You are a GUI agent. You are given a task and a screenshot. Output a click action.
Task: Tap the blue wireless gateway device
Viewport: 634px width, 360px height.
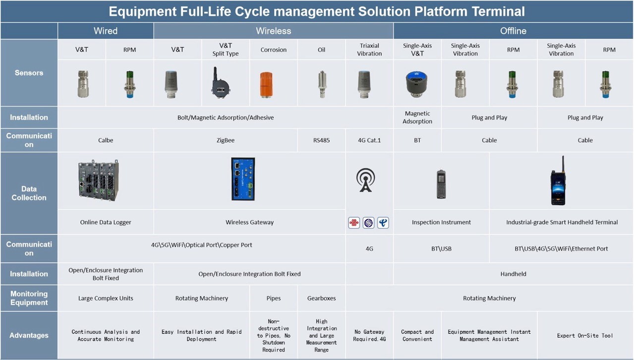[243, 179]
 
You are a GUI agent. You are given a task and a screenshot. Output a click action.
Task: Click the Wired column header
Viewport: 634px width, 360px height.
[106, 31]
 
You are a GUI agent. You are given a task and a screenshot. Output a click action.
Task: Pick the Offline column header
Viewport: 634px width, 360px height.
[513, 31]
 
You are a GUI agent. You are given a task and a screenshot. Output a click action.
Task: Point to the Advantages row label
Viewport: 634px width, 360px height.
[29, 335]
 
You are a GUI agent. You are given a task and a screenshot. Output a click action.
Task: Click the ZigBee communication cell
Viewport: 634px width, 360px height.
[226, 140]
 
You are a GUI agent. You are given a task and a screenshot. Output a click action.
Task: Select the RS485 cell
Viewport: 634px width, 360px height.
[321, 140]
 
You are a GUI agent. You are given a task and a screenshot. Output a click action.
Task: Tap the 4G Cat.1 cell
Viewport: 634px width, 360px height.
[369, 140]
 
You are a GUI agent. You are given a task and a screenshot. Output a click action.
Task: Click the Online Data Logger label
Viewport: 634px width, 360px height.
[106, 222]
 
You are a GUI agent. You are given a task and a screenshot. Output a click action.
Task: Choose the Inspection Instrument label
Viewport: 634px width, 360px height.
[441, 222]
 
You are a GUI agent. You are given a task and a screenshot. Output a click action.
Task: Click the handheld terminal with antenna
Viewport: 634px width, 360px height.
[558, 182]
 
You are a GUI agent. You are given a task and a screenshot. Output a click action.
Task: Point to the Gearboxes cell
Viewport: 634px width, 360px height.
[321, 298]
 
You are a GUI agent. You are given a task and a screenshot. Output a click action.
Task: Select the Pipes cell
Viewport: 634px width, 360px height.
[274, 298]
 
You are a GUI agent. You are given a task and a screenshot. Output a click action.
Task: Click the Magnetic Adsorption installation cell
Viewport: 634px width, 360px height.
[417, 118]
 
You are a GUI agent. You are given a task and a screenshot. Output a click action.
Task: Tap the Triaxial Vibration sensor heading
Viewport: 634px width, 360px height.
[369, 50]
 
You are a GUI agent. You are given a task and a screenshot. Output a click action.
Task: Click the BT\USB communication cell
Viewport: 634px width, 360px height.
[441, 248]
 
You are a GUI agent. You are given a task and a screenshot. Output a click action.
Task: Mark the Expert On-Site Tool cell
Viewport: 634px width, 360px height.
[585, 336]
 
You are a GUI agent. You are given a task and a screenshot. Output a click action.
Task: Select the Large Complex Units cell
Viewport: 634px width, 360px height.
[106, 298]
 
